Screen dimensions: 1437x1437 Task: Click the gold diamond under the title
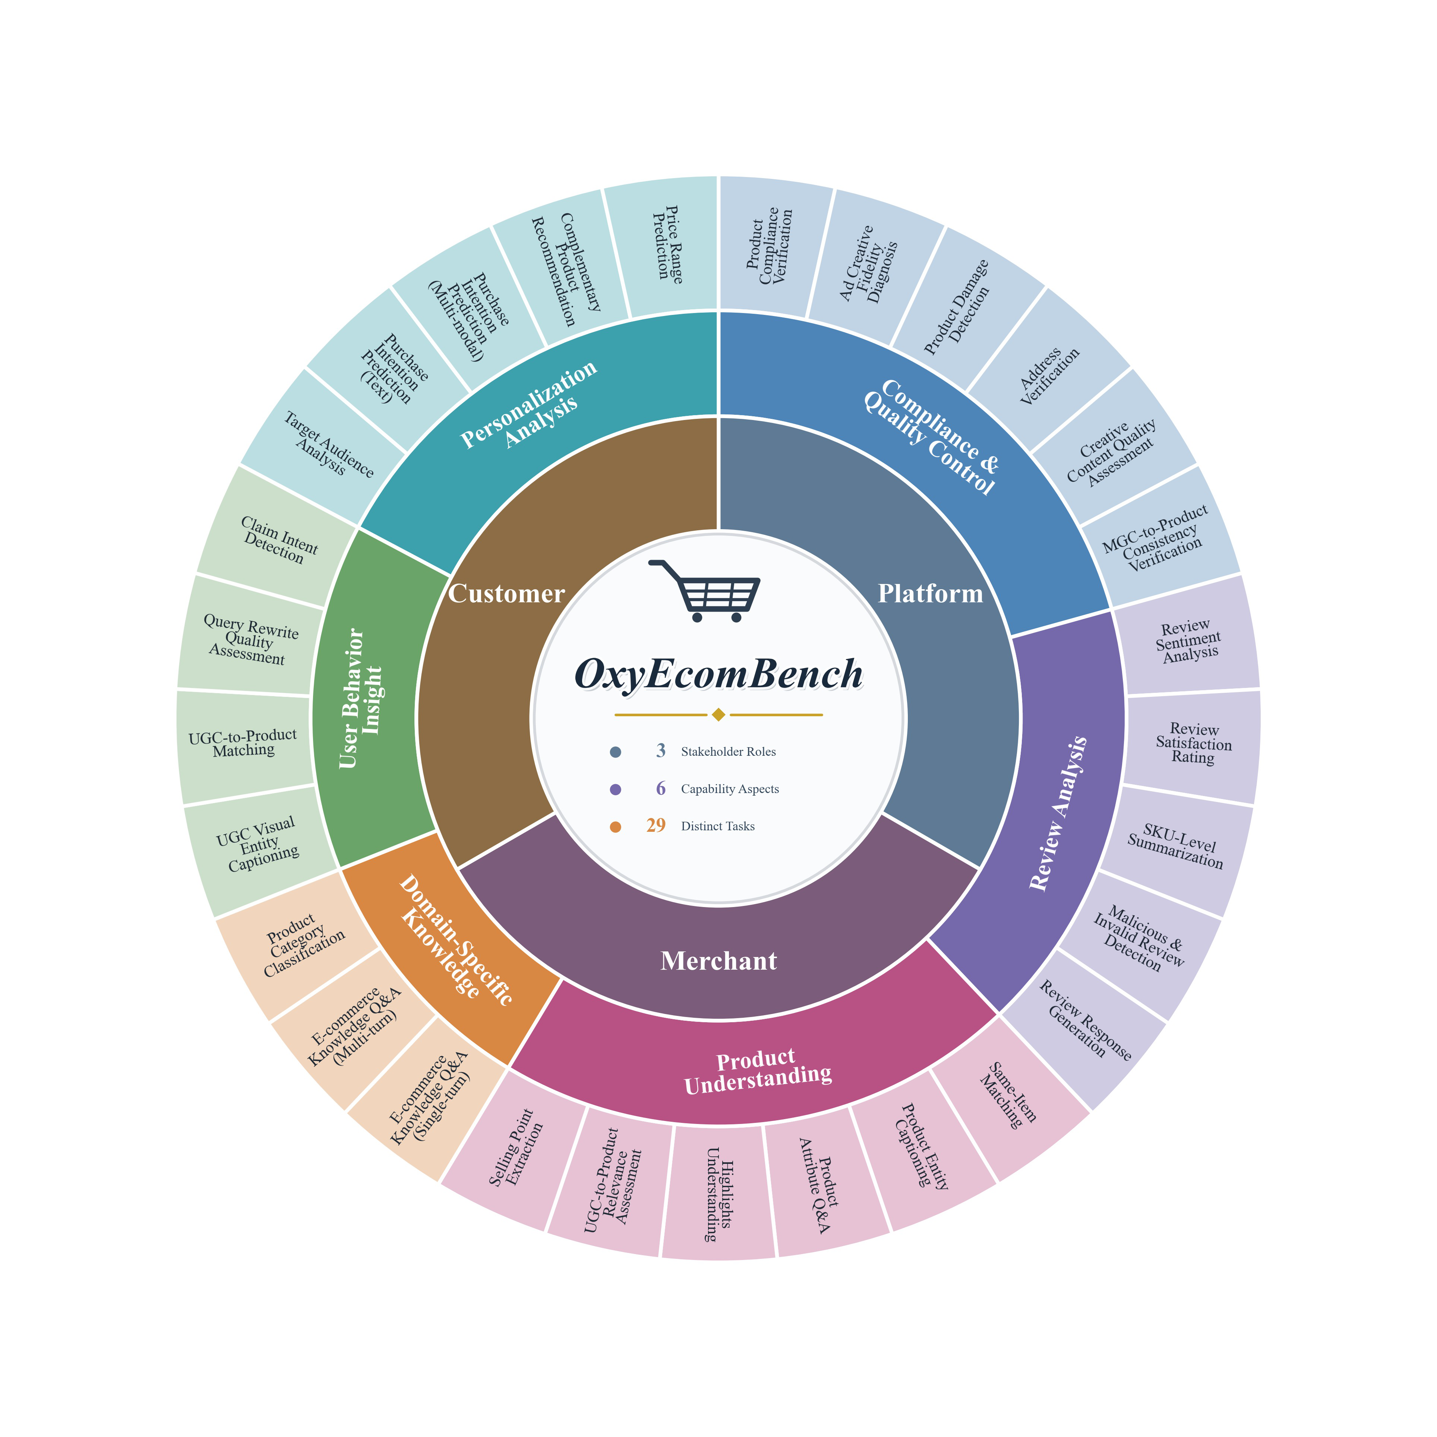click(x=718, y=715)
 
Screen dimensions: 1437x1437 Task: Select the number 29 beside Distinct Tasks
click(x=656, y=825)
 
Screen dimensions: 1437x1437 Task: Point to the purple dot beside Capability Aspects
click(x=615, y=789)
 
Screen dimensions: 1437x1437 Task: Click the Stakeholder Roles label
click(x=728, y=752)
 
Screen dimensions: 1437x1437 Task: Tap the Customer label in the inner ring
click(x=506, y=594)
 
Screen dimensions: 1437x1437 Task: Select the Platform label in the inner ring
click(x=931, y=594)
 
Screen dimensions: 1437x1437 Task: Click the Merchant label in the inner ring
click(x=718, y=961)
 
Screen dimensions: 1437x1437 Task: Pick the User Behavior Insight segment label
click(x=362, y=698)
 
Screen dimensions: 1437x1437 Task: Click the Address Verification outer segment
click(x=1049, y=370)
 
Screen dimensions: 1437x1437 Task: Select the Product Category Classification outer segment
click(x=301, y=945)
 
